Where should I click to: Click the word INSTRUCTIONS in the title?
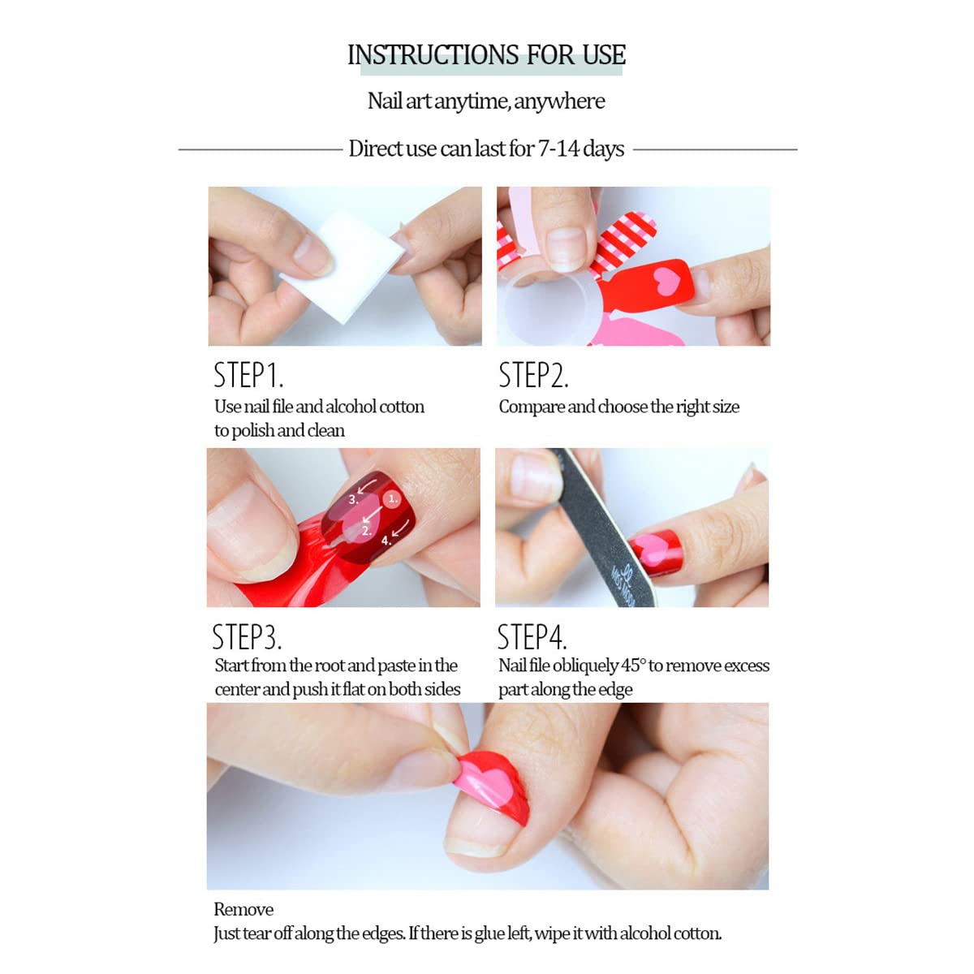433,54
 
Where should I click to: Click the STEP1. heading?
248,375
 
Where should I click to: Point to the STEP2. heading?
533,375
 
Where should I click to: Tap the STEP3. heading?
247,636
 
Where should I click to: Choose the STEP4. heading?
532,636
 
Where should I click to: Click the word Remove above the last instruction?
243,909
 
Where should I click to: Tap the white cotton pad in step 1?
343,266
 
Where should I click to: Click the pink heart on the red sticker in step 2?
666,281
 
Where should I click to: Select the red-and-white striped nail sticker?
623,243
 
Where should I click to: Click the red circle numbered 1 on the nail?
392,499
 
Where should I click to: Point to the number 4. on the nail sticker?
386,541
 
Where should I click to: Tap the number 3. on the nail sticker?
354,500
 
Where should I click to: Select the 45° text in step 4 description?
634,666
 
